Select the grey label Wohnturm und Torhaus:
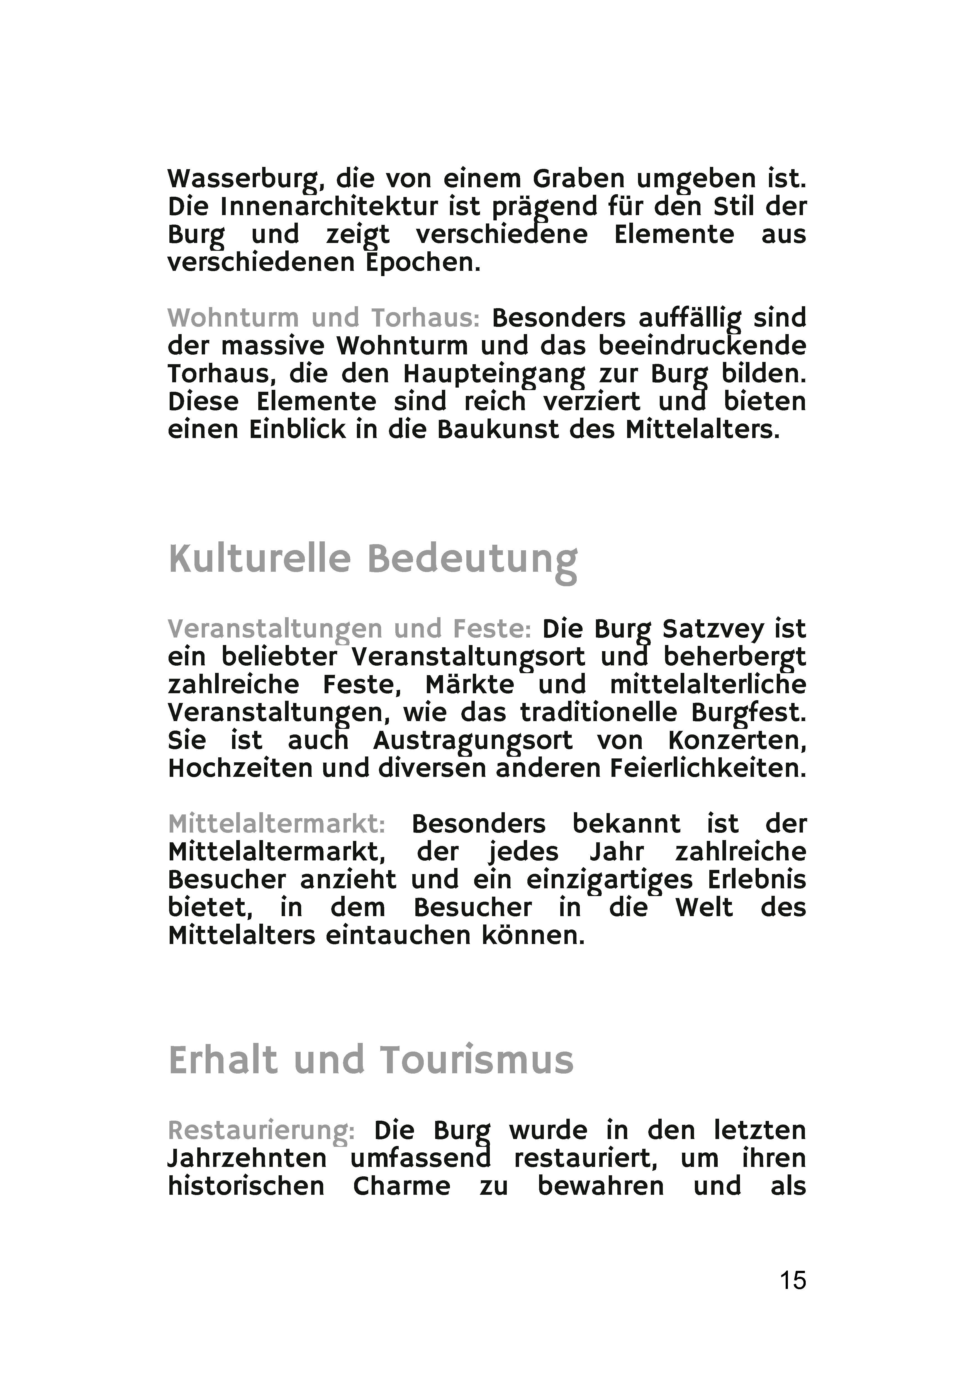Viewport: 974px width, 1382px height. (x=323, y=318)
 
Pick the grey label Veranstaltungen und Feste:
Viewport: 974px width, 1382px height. (x=349, y=629)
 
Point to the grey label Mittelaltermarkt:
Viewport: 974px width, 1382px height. (x=276, y=823)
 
